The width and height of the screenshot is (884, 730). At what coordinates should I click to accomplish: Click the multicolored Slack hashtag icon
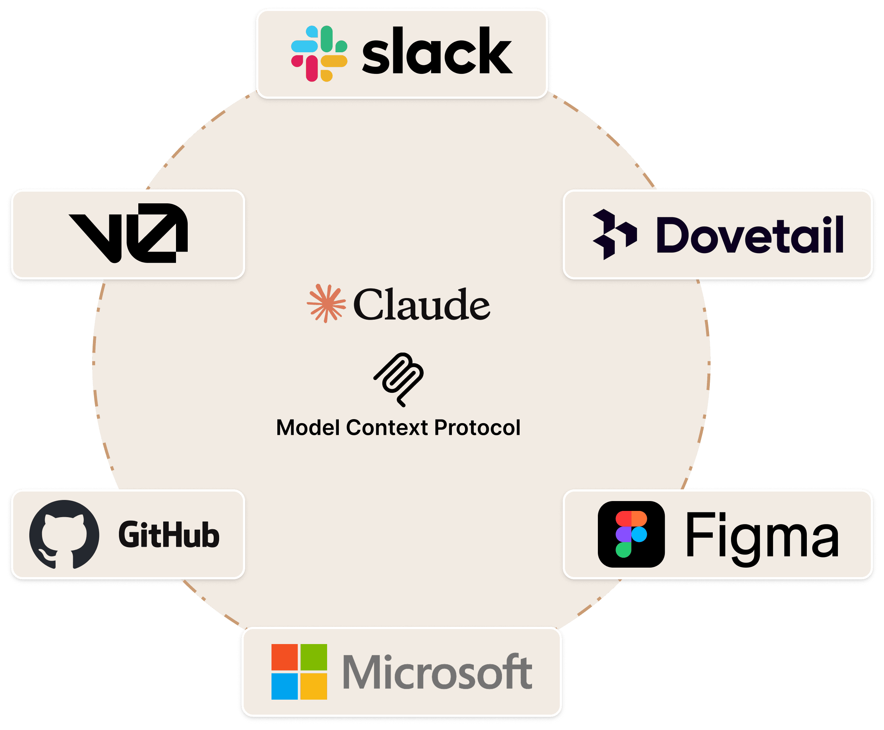(319, 53)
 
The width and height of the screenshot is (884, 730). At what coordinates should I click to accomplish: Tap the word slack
(437, 51)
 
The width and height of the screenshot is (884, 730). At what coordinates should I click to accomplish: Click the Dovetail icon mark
(614, 234)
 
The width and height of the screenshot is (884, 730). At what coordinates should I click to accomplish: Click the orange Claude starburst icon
(326, 303)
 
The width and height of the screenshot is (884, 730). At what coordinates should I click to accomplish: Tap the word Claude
(422, 304)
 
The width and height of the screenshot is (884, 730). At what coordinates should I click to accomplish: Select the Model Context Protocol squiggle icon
(399, 379)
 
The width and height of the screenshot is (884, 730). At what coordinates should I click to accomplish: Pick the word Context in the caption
(387, 428)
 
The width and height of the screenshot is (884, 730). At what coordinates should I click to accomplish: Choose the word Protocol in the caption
(477, 428)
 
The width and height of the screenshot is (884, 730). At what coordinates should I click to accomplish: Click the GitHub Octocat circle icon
(64, 534)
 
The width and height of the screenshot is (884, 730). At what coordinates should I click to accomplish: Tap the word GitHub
(169, 535)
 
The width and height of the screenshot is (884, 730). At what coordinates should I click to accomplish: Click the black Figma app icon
(631, 534)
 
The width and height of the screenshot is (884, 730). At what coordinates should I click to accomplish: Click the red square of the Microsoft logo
(284, 657)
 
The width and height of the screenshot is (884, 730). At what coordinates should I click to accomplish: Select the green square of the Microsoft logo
(314, 657)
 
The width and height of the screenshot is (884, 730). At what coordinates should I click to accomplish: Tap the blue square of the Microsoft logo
(284, 686)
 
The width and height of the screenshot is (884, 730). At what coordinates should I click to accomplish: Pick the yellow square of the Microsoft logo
(314, 686)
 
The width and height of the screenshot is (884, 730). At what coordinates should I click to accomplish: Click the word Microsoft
(438, 671)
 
